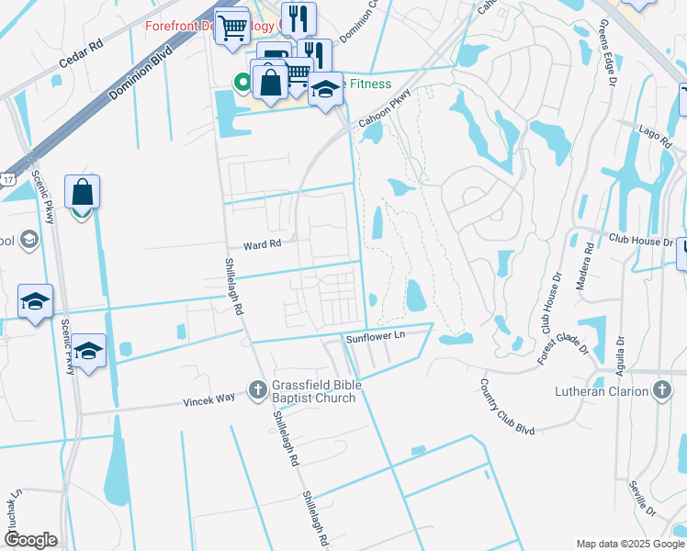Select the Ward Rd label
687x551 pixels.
(x=261, y=245)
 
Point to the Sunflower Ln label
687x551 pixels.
(x=375, y=338)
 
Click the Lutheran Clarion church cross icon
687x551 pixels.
(x=661, y=390)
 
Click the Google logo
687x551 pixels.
(x=30, y=539)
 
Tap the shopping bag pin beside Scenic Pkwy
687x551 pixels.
(x=82, y=194)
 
